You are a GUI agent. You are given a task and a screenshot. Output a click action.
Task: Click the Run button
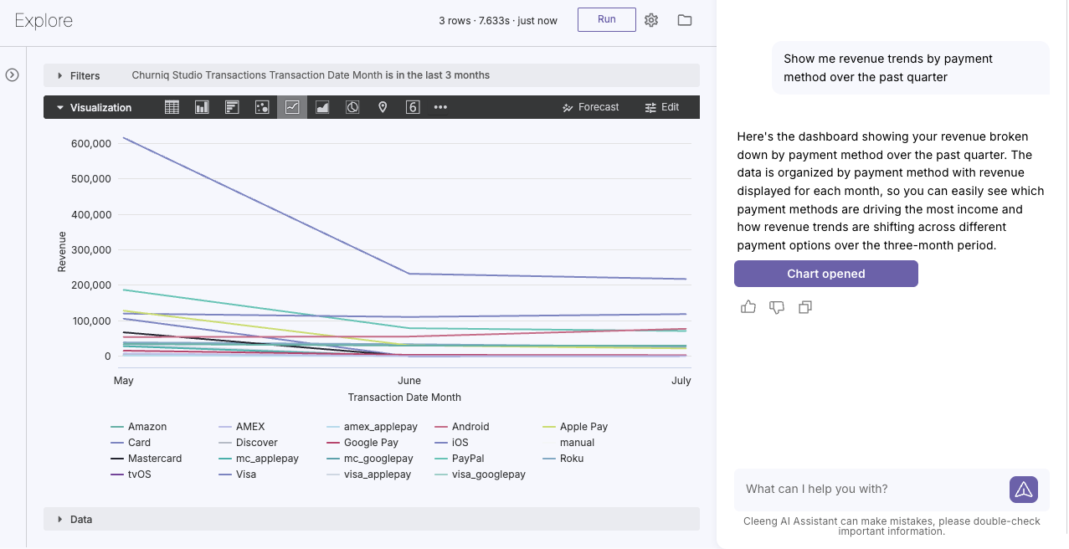click(607, 19)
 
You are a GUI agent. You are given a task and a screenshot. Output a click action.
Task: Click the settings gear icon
click(651, 20)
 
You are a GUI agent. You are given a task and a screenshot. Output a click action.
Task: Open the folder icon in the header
click(685, 20)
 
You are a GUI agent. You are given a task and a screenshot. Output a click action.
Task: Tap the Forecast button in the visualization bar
click(591, 107)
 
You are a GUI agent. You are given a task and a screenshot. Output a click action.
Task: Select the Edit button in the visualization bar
click(662, 107)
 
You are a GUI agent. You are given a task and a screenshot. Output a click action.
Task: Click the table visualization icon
click(172, 107)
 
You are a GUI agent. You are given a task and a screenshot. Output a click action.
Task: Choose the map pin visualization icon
click(383, 107)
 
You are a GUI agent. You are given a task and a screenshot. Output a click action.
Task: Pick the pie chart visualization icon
click(352, 107)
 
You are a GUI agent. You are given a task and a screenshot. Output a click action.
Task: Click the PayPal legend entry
click(459, 459)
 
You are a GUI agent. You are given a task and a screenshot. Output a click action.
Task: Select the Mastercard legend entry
click(146, 459)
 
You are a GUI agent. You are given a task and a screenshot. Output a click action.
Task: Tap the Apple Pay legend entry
click(575, 427)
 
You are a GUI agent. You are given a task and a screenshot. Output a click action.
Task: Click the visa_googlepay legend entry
click(481, 475)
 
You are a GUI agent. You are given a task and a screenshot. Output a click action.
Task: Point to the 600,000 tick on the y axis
click(91, 144)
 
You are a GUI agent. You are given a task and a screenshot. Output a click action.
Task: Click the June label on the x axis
click(409, 381)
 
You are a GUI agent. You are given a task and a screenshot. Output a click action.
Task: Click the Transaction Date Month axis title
click(404, 398)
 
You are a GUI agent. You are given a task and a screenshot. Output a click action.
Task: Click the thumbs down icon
click(777, 307)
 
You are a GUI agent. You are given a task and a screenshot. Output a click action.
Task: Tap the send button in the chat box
click(1024, 490)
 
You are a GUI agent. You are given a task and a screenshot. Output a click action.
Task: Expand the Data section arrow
click(59, 519)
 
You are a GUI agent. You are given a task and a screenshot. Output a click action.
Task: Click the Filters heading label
click(85, 76)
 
